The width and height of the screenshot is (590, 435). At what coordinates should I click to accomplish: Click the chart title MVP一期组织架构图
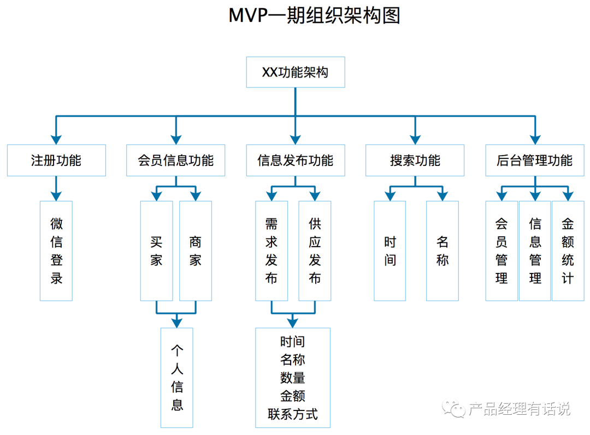(x=314, y=16)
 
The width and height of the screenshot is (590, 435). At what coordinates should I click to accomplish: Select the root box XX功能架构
(x=296, y=72)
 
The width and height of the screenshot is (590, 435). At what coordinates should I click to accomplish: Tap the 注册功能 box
(x=56, y=160)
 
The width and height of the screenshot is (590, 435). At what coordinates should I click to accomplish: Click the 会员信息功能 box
(x=175, y=160)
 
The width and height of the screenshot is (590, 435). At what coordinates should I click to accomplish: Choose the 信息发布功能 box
(x=296, y=160)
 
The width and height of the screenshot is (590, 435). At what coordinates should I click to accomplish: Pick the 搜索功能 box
(x=415, y=160)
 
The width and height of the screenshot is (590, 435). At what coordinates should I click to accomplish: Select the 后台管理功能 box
(x=534, y=160)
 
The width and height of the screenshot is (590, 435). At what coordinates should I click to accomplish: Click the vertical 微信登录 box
(x=56, y=251)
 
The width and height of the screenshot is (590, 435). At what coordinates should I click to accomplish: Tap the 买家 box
(x=156, y=251)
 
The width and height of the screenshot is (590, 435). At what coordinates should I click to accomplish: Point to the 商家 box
(x=196, y=251)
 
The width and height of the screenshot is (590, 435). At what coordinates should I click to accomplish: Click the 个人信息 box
(x=177, y=377)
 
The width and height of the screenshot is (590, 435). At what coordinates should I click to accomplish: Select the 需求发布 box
(x=272, y=251)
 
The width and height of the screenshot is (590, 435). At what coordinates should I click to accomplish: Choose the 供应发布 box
(x=315, y=251)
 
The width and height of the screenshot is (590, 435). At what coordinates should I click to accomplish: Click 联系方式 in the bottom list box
(x=293, y=414)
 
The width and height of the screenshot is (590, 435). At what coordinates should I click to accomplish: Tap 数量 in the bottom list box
(x=293, y=378)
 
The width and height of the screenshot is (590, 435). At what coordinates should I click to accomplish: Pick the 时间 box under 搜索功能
(x=390, y=251)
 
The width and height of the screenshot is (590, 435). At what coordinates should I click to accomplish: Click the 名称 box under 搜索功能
(x=442, y=251)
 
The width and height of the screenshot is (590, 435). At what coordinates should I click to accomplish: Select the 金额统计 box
(x=568, y=251)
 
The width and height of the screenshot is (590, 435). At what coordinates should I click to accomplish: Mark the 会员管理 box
(x=501, y=251)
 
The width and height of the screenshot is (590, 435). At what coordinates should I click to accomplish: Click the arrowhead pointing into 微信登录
(x=56, y=195)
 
